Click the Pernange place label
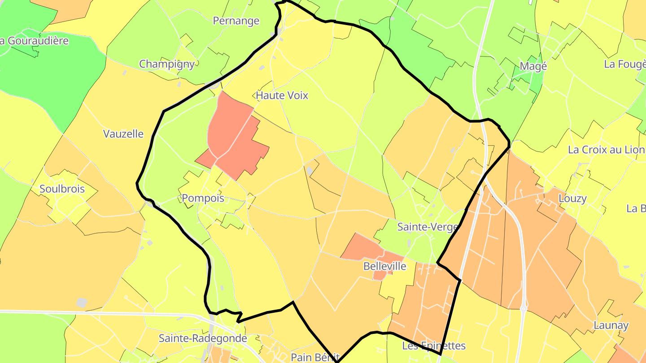(x=236, y=21)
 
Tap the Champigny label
(x=167, y=64)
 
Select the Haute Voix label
(x=282, y=95)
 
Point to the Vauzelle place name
(x=123, y=134)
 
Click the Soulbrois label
(x=62, y=189)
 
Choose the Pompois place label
(x=203, y=198)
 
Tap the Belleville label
(x=384, y=266)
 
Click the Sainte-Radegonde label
(x=203, y=338)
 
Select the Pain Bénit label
(x=313, y=357)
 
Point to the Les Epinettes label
(x=434, y=346)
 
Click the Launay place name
(x=611, y=325)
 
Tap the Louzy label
(x=572, y=198)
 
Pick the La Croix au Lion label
(x=607, y=150)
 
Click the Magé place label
(x=533, y=66)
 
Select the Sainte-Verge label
(x=428, y=227)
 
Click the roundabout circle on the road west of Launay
(x=523, y=309)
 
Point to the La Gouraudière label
(x=34, y=41)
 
